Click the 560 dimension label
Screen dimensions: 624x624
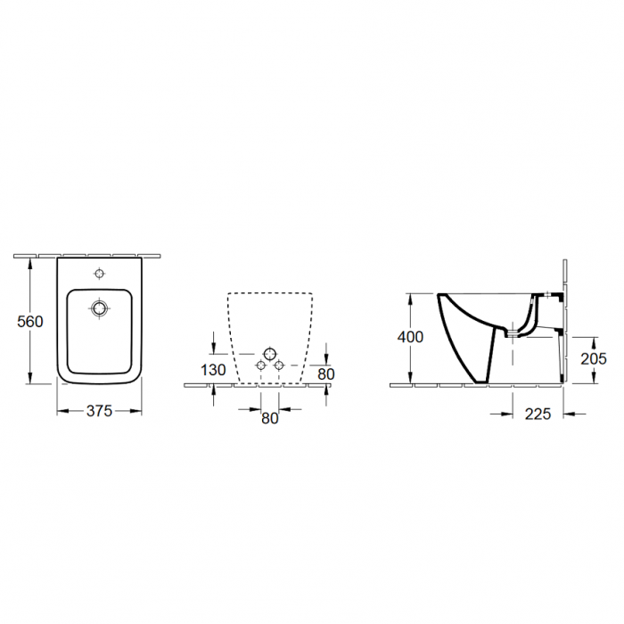30,322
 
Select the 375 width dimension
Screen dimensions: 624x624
100,411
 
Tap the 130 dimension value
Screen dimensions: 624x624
213,370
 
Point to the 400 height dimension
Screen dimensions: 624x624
410,337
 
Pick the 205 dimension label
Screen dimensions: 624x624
594,359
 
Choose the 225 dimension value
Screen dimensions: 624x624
538,415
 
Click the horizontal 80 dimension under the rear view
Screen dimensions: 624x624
270,418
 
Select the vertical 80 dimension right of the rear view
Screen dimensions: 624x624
326,374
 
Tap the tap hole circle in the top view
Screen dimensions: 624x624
99,274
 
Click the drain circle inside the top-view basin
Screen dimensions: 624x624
99,308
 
